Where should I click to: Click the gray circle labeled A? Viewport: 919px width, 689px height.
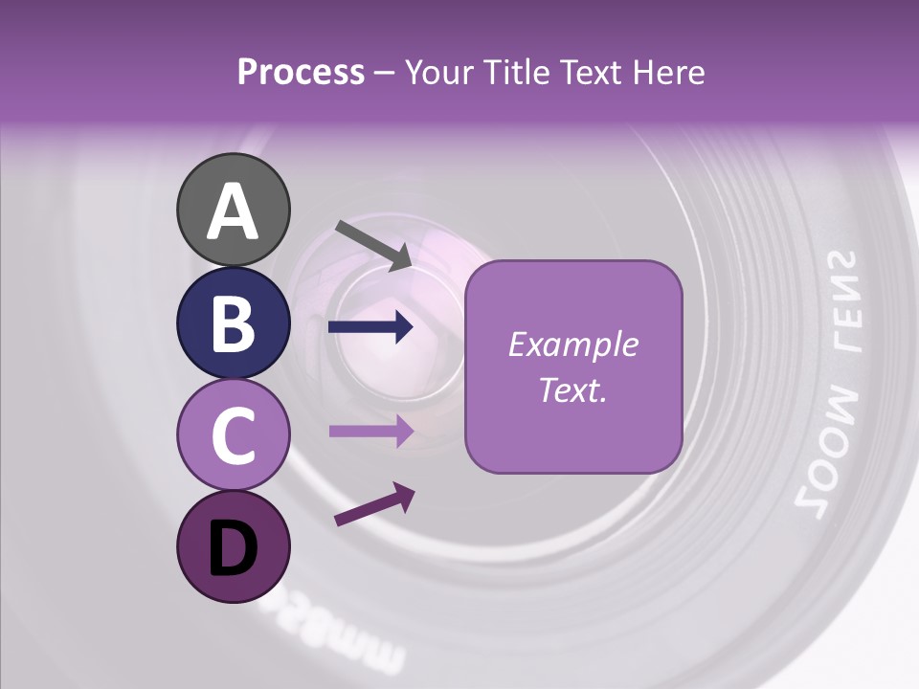click(x=233, y=210)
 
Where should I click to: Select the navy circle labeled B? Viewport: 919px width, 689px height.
click(x=233, y=322)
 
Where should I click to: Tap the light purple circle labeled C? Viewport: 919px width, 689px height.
click(x=233, y=434)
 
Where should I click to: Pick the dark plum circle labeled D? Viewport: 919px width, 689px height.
click(x=233, y=546)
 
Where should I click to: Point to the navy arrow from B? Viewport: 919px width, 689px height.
click(x=370, y=328)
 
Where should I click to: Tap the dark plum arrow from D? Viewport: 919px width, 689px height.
click(x=374, y=505)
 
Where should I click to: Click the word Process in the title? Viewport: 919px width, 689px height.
click(x=301, y=73)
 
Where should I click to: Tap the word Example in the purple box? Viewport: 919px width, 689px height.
click(x=572, y=345)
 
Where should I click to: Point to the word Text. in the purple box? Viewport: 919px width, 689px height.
click(x=572, y=390)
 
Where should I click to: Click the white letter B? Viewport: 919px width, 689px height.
click(x=233, y=322)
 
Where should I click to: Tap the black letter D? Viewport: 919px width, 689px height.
click(x=233, y=548)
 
